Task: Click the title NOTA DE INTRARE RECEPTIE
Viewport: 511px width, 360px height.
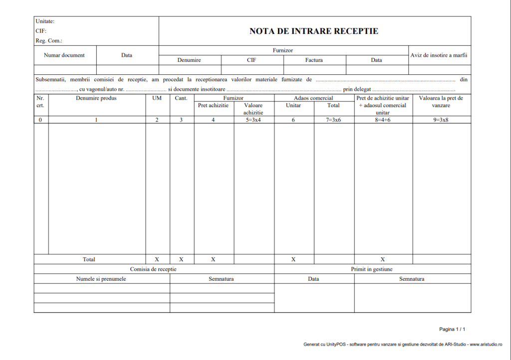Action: pos(314,31)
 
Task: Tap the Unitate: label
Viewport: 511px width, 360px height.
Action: pos(45,21)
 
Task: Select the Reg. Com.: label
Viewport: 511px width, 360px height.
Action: pos(48,41)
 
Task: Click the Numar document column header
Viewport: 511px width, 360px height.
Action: pos(64,55)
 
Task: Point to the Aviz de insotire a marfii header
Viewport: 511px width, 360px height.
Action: pos(439,55)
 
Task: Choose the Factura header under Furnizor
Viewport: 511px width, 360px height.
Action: pos(314,60)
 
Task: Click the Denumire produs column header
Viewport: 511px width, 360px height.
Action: pos(96,98)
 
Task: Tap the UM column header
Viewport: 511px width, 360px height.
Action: pos(157,98)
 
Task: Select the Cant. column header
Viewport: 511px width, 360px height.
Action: pos(181,98)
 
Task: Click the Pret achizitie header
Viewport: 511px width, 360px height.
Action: pos(213,105)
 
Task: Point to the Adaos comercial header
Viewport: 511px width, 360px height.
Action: pos(313,98)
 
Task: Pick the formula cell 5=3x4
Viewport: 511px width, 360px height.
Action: pos(254,120)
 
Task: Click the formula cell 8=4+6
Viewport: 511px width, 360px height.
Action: pos(383,120)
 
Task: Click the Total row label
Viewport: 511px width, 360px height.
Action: pos(89,259)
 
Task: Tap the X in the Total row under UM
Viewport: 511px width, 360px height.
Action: pos(157,259)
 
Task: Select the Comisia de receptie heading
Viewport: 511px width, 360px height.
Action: pos(153,269)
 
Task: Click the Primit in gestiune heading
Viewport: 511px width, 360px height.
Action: pos(372,269)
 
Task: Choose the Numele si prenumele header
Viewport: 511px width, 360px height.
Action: pos(101,279)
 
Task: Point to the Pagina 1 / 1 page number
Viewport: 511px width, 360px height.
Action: pos(452,329)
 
